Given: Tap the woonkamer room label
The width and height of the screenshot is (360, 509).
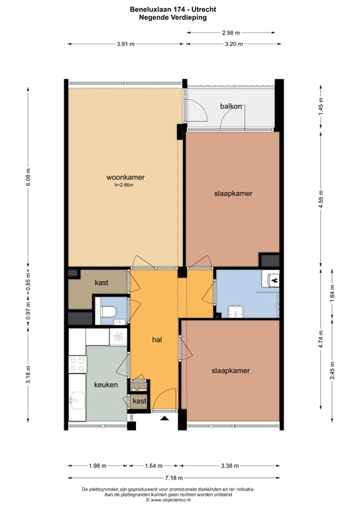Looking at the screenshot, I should (125, 178).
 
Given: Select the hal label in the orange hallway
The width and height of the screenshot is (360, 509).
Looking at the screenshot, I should (157, 339).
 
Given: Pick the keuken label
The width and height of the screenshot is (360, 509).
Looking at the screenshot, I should (105, 384).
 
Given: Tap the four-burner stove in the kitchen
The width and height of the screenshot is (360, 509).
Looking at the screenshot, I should (76, 364).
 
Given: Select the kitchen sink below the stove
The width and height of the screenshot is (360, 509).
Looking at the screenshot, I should (77, 401).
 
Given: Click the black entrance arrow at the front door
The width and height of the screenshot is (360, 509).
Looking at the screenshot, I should (163, 418).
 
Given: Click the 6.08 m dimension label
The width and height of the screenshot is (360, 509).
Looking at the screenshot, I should (28, 176).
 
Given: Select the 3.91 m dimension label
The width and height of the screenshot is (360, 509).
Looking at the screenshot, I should (125, 44).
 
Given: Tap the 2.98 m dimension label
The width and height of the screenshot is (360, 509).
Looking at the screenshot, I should (231, 32).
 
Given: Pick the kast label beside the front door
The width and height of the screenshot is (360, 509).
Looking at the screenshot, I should (139, 402).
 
